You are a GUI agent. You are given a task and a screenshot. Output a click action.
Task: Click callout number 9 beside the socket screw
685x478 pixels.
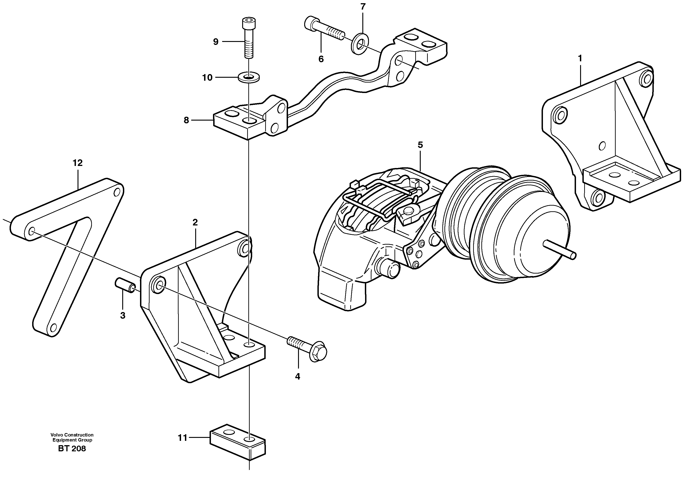point(216,42)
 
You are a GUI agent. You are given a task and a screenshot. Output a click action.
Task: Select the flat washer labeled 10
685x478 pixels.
point(249,77)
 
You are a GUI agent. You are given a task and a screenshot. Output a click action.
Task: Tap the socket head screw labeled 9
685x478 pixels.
point(249,39)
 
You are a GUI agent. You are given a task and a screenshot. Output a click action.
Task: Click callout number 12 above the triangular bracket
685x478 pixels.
point(78,163)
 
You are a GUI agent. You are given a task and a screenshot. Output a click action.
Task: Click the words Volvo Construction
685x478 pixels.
point(72,435)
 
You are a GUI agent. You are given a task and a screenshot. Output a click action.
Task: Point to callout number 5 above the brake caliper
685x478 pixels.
point(420,145)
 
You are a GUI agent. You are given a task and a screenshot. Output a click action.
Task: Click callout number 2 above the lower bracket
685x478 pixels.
point(195,222)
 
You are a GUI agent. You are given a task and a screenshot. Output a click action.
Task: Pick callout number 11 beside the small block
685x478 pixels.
point(182,438)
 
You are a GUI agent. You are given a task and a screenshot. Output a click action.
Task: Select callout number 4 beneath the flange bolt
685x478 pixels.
point(297,377)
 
